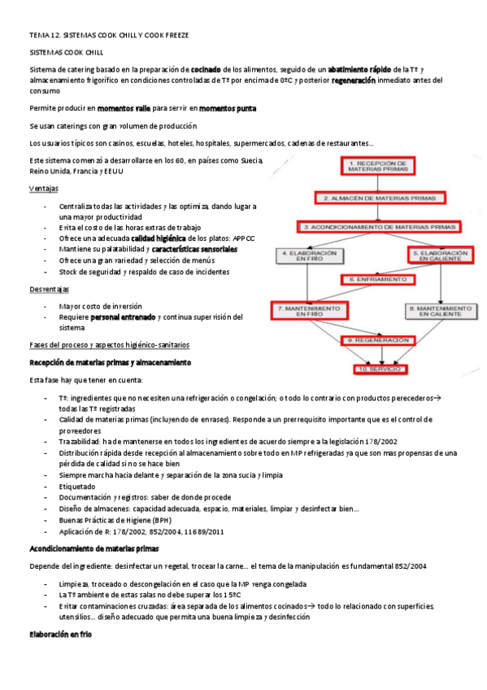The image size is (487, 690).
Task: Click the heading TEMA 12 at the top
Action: pos(109,36)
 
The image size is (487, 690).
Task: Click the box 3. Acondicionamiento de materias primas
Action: pos(378,226)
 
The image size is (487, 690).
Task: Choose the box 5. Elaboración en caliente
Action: pos(440,255)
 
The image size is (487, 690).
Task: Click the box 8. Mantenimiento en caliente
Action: pos(439,310)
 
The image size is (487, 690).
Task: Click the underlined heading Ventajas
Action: pos(43,188)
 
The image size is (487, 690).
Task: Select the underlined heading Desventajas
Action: pos(49,289)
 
